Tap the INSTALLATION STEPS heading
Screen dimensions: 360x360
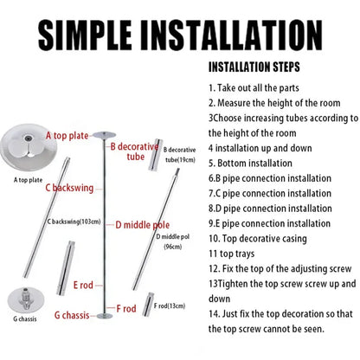[x=256, y=66]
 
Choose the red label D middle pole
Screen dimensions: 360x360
[x=144, y=225]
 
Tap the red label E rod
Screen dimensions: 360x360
[x=84, y=284]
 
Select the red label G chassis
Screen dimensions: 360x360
[x=78, y=314]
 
